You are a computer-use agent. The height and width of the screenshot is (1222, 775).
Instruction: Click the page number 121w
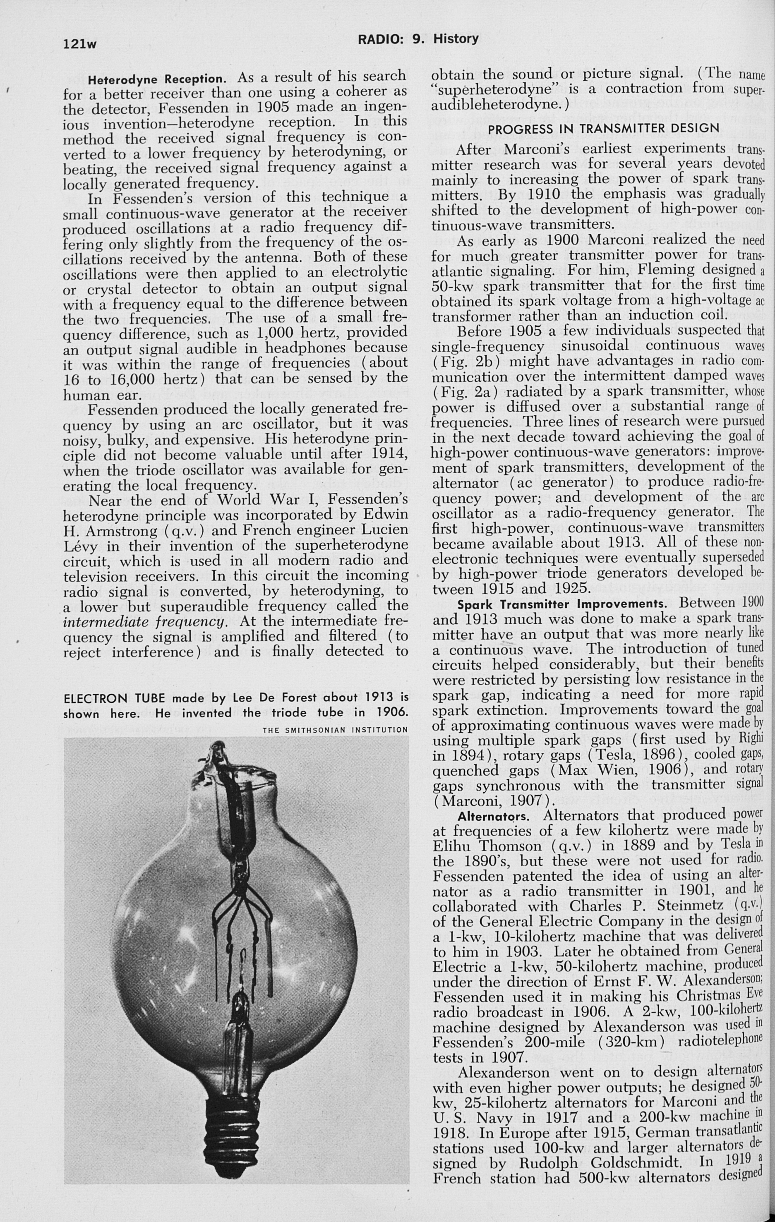80,45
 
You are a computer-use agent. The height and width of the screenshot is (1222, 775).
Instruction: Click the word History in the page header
455,38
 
